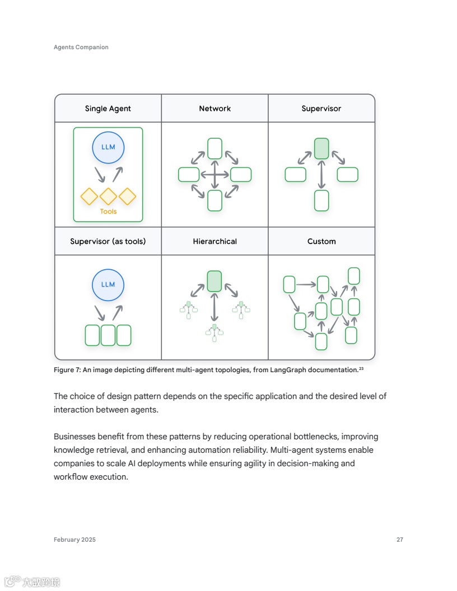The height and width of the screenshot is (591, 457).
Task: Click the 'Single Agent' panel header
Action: (x=108, y=109)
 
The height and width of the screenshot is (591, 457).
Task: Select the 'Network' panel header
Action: (x=215, y=109)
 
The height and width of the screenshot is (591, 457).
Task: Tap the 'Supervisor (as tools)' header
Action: (x=108, y=241)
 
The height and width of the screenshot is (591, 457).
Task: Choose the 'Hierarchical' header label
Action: (x=215, y=241)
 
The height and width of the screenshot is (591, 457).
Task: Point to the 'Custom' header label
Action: (x=321, y=241)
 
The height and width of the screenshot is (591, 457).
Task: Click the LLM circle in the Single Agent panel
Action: (x=108, y=147)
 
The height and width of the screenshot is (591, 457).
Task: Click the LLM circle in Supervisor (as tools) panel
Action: (x=108, y=284)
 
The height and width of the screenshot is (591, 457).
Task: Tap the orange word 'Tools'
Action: (x=108, y=212)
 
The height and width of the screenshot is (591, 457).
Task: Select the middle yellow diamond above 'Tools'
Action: (x=108, y=196)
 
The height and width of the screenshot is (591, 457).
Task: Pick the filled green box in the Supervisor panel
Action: (x=321, y=149)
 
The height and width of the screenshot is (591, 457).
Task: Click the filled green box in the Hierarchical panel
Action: (x=214, y=281)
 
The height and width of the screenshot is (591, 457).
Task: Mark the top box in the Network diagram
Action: (x=215, y=148)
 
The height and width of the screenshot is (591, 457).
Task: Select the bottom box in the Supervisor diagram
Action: (x=321, y=200)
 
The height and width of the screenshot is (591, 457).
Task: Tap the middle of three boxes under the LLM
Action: (x=108, y=335)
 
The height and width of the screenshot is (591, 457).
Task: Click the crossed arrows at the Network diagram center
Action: (x=215, y=175)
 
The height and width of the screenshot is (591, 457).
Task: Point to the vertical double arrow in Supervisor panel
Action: (x=321, y=175)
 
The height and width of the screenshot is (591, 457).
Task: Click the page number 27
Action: (x=400, y=540)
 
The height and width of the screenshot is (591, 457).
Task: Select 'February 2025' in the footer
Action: (x=74, y=540)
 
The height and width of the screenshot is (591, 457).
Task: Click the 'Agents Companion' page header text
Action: (x=81, y=47)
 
